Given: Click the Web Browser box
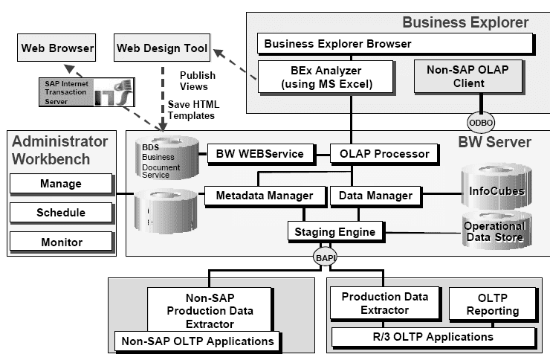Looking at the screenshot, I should (x=57, y=49).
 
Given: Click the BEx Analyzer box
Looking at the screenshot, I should (x=326, y=77).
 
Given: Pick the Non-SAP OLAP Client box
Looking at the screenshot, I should (x=456, y=77).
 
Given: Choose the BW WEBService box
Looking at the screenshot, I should (x=259, y=154).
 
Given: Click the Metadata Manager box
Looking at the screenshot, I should (x=265, y=196).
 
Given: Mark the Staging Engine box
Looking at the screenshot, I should (x=331, y=232).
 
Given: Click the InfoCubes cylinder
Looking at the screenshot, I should (x=496, y=190).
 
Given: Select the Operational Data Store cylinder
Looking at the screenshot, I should (x=494, y=231).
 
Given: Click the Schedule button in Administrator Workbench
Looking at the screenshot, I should (x=61, y=213).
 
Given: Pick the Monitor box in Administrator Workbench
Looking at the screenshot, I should (x=61, y=242).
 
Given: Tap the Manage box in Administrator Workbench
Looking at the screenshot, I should (x=61, y=183).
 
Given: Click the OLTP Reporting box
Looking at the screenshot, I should (x=493, y=304).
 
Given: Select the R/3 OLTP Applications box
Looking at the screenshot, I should (x=433, y=337).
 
